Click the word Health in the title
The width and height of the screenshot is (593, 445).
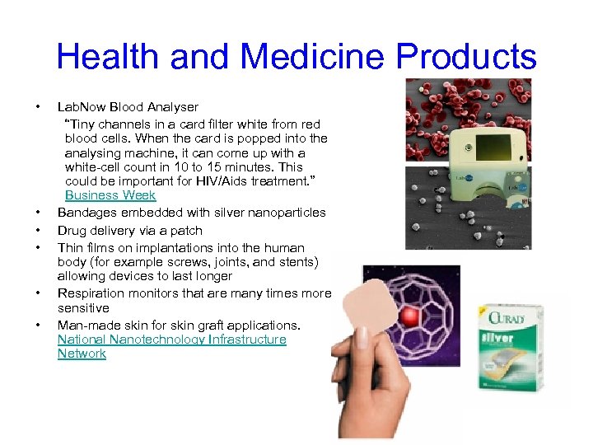pos(107,57)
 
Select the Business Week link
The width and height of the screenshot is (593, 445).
pos(110,195)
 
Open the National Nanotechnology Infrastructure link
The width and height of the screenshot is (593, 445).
pos(171,340)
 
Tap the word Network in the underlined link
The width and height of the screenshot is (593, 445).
pos(82,354)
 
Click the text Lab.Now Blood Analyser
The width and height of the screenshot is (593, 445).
pos(128,106)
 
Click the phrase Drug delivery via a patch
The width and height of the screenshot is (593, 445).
pos(129,231)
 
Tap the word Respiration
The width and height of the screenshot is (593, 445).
pos(91,293)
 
